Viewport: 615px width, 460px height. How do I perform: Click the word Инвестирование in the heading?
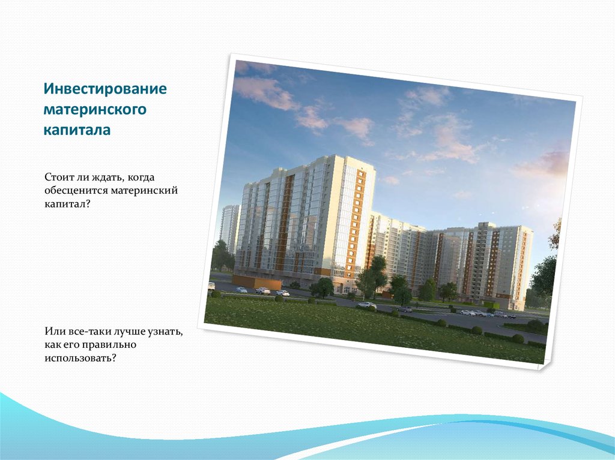pos(104,89)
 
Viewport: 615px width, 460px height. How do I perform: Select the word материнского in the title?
pos(95,110)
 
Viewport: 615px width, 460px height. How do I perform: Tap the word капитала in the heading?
pos(76,130)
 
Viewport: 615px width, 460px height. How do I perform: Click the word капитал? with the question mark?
pos(67,205)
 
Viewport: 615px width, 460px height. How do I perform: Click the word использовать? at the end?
pos(79,358)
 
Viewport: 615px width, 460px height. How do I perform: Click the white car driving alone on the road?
pos(366,305)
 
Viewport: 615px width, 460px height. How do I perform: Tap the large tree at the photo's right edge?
pos(544,279)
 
